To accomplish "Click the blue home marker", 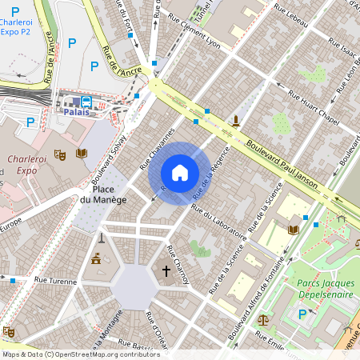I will click(180, 173).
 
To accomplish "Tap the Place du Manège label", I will click(103, 194).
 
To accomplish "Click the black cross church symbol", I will click(166, 271).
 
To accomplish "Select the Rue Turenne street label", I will click(55, 282).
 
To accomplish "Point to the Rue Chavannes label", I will click(158, 147).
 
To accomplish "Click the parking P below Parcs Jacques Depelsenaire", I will click(302, 314).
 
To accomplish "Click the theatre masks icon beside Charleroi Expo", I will click(58, 154).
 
